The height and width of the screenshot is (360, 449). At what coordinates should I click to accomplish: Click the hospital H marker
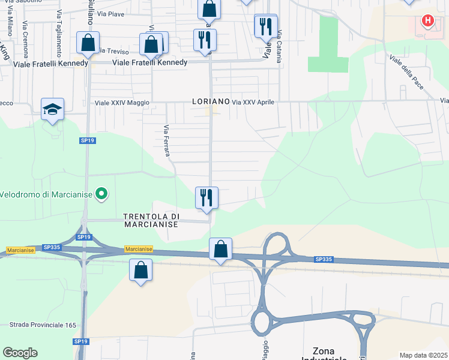pyautogui.click(x=427, y=22)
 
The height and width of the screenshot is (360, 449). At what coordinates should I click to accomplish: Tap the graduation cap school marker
pyautogui.click(x=53, y=109)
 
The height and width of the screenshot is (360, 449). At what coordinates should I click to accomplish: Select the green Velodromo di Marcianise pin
pyautogui.click(x=102, y=194)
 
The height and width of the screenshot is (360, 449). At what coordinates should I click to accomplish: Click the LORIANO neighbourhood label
pyautogui.click(x=211, y=102)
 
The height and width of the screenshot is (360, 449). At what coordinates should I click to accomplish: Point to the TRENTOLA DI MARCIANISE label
pyautogui.click(x=151, y=220)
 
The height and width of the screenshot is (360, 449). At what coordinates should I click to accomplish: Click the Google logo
pyautogui.click(x=20, y=353)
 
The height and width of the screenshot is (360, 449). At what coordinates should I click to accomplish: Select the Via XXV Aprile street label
pyautogui.click(x=253, y=103)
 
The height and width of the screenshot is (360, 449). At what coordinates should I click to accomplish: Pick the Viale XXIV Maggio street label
pyautogui.click(x=122, y=103)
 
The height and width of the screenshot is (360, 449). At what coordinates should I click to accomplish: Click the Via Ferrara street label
pyautogui.click(x=166, y=142)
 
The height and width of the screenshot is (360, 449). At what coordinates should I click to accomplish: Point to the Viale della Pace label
pyautogui.click(x=407, y=73)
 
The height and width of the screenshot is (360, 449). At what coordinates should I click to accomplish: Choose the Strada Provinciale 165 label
pyautogui.click(x=43, y=325)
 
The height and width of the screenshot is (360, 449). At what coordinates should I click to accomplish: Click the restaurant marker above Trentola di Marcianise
pyautogui.click(x=206, y=197)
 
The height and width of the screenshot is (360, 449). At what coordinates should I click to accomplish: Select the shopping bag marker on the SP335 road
pyautogui.click(x=221, y=248)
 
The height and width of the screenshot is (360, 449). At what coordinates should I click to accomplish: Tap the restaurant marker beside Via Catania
pyautogui.click(x=265, y=26)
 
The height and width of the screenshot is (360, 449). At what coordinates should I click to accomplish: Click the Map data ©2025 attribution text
pyautogui.click(x=423, y=355)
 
